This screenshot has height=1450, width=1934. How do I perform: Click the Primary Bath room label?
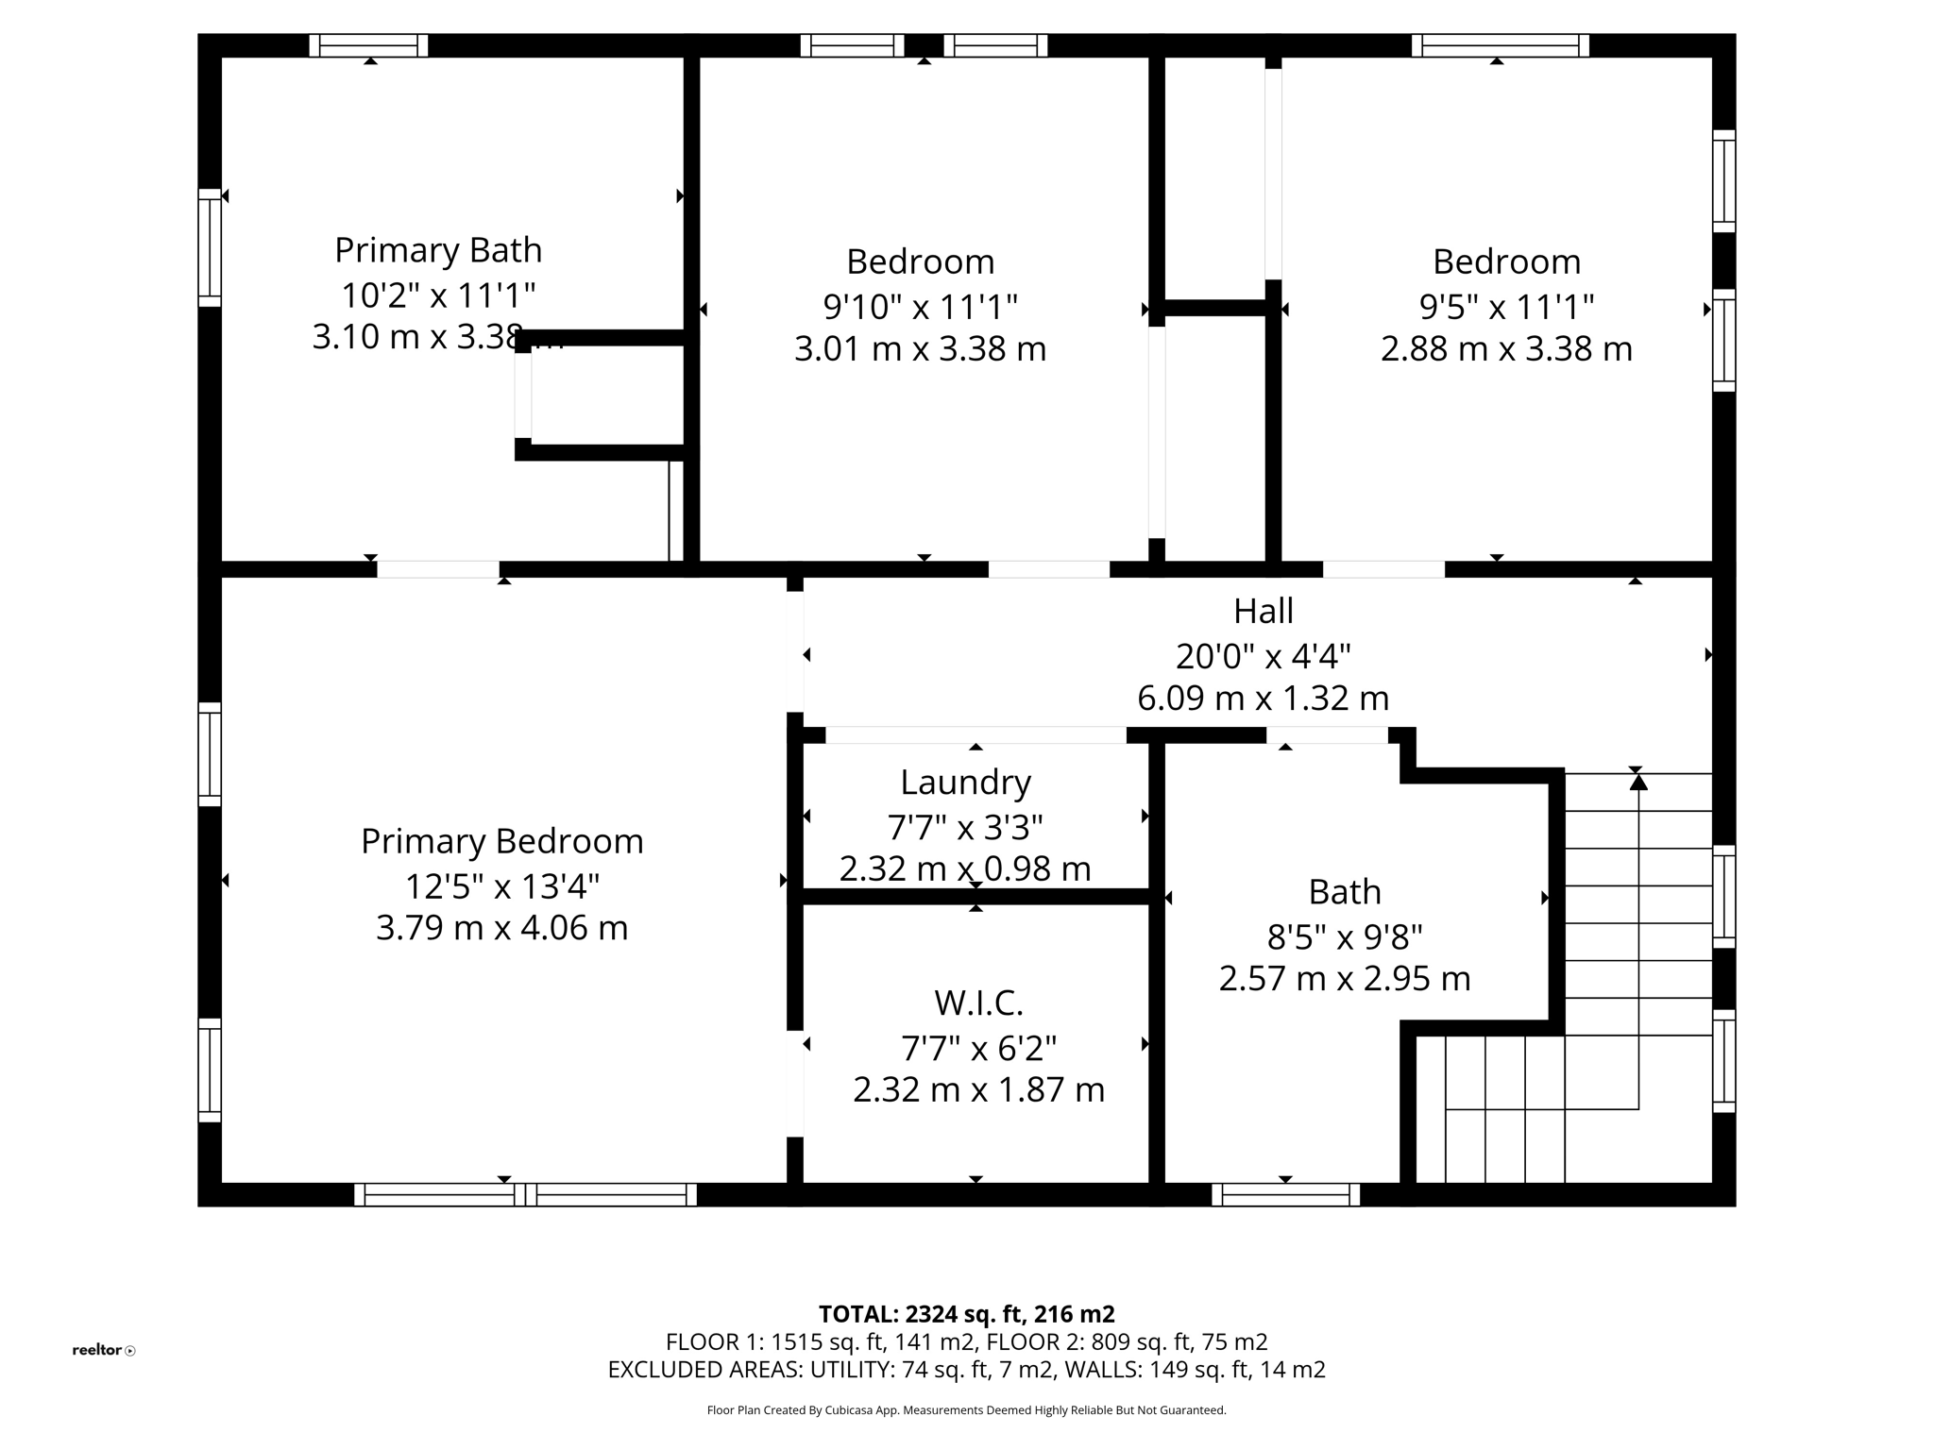click(438, 251)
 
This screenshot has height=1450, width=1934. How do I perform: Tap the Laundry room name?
click(965, 783)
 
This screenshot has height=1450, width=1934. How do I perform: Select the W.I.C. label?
click(978, 1003)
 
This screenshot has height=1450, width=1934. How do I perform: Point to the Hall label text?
click(1263, 612)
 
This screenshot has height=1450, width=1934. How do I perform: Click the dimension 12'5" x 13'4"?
click(502, 886)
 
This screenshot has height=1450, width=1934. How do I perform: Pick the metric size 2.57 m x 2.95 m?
click(1345, 979)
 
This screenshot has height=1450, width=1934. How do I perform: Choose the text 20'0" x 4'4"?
click(1263, 655)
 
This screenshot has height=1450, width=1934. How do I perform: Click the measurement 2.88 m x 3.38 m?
click(1506, 349)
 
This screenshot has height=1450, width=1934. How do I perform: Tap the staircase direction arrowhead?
click(1638, 782)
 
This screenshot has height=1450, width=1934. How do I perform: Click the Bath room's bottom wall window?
click(1285, 1195)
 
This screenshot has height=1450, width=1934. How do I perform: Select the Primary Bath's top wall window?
click(368, 45)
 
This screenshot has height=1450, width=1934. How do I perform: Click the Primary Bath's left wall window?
click(209, 247)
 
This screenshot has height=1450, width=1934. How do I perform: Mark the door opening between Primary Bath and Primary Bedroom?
click(438, 569)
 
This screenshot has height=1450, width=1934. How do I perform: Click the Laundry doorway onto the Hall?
click(975, 734)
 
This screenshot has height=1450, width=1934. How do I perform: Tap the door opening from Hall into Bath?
click(1327, 734)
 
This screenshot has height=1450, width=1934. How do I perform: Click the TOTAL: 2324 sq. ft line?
click(966, 1314)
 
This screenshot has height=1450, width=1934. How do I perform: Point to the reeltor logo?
click(103, 1350)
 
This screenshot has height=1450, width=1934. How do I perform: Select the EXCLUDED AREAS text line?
click(966, 1370)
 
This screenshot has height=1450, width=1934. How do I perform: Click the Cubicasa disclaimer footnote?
click(966, 1410)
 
